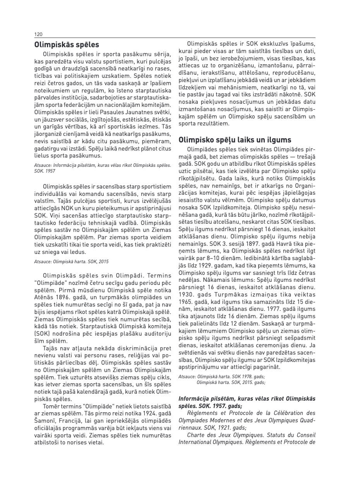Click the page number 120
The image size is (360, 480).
point(38,34)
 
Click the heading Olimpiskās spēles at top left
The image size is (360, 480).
point(67,45)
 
